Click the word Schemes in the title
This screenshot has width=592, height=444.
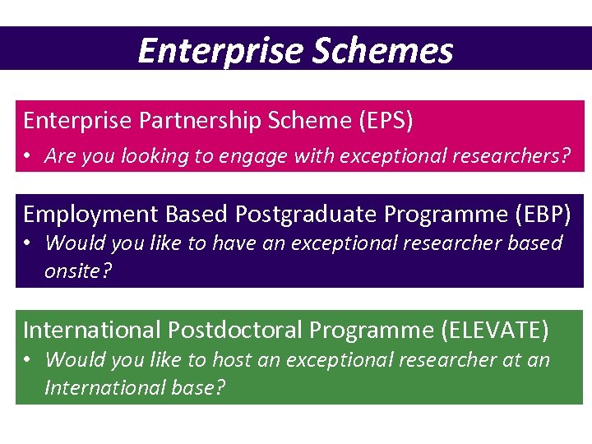click(x=382, y=50)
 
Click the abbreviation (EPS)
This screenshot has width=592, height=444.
click(x=385, y=121)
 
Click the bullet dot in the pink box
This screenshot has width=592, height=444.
click(x=28, y=156)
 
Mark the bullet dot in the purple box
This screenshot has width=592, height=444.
click(x=28, y=244)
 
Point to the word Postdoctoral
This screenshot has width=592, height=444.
click(x=235, y=331)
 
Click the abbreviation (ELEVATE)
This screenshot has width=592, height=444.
click(x=494, y=331)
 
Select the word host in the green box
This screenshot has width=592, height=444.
click(x=233, y=359)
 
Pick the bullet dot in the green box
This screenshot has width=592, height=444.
click(x=28, y=360)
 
